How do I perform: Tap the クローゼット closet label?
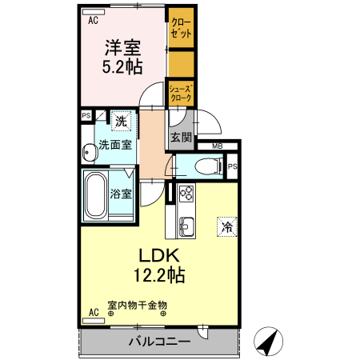pos(180,30)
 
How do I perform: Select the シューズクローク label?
pos(180,93)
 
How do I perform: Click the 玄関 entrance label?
pos(181,137)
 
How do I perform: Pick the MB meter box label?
pos(216,146)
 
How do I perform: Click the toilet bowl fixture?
pos(210,166)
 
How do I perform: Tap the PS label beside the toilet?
pos(232,166)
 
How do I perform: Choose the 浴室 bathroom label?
pos(122,193)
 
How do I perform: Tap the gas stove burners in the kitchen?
pos(186,193)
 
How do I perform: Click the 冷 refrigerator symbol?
pos(227,226)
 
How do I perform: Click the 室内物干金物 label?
pos(137,305)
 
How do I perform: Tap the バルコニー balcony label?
pos(160,342)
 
